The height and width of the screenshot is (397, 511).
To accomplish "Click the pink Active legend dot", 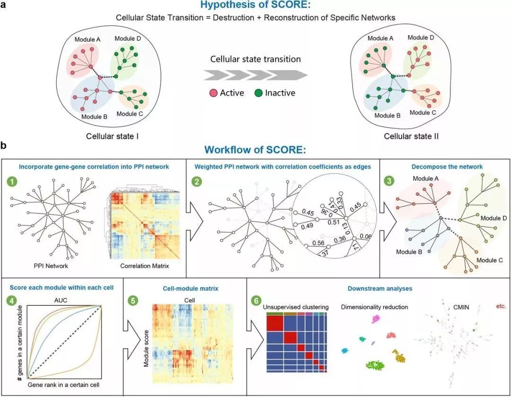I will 213,93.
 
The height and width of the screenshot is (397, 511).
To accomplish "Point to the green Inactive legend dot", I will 258,93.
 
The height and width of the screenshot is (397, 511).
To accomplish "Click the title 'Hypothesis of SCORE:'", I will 255,6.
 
